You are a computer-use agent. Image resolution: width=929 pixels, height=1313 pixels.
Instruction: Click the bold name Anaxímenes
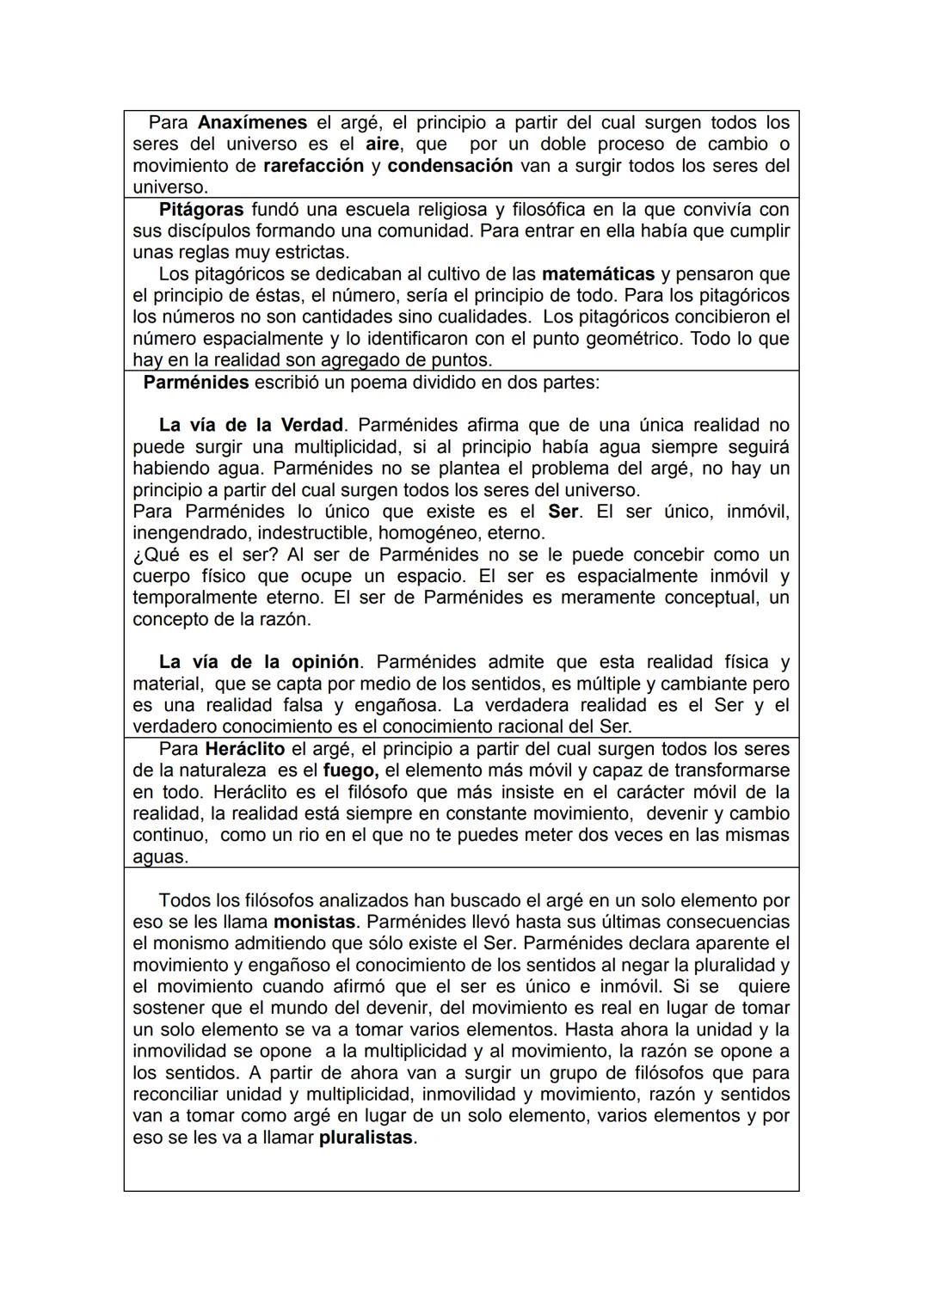pos(252,123)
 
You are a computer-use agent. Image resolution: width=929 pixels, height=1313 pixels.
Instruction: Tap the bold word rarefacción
pos(313,166)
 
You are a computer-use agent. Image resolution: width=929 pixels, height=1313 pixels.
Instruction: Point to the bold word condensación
pos(450,166)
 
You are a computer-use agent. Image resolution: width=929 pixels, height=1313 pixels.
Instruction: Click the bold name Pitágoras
pos(201,210)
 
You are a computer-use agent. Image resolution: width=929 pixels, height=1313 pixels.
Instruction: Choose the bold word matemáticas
pos(598,274)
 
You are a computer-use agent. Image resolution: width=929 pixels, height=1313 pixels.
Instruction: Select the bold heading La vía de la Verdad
pos(251,426)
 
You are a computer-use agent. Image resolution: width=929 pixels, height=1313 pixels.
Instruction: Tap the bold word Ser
pos(563,512)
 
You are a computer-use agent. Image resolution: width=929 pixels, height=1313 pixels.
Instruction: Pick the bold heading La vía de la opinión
pos(258,662)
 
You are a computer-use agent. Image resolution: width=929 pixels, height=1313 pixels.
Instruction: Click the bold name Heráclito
pos(244,749)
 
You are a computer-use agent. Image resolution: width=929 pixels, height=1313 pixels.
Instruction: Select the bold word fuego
pos(351,770)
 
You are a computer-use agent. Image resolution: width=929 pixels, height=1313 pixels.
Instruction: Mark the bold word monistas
pos(314,922)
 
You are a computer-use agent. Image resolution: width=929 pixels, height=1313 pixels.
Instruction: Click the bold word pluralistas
pos(367,1138)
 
